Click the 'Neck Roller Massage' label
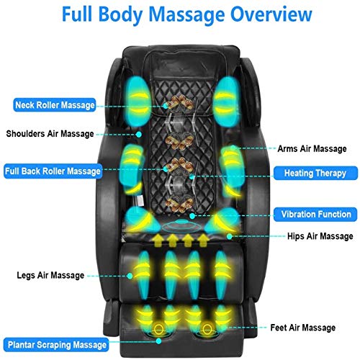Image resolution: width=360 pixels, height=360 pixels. coord(55,105)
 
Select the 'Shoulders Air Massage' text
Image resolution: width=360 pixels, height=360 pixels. coord(50,134)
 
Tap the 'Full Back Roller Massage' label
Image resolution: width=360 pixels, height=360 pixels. coord(53,171)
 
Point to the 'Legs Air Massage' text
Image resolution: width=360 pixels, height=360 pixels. coord(50,275)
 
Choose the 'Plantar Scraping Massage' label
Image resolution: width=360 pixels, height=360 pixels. coord(56,345)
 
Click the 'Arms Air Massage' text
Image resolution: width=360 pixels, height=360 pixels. coord(312,149)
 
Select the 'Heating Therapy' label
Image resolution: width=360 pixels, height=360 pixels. coord(315,173)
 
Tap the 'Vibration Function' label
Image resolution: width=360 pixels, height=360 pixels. coord(315,215)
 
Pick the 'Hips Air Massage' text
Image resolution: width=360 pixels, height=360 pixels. coord(320,236)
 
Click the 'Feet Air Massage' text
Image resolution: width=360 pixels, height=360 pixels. coord(303,328)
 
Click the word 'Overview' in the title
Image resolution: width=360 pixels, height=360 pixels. coord(271,14)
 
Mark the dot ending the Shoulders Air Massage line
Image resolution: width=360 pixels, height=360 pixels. coord(138,135)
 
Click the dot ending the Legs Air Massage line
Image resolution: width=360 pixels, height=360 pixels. coord(130,276)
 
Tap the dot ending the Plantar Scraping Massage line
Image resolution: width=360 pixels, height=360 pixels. coord(158,341)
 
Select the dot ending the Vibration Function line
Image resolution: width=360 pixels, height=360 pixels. coord(192,216)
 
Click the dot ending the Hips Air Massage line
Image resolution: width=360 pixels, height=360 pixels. coord(230,237)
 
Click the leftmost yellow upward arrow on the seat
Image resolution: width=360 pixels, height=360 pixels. coord(157,240)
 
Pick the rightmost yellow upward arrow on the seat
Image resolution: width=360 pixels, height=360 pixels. coord(203,240)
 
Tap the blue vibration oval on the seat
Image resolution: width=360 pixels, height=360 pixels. coord(181,225)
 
